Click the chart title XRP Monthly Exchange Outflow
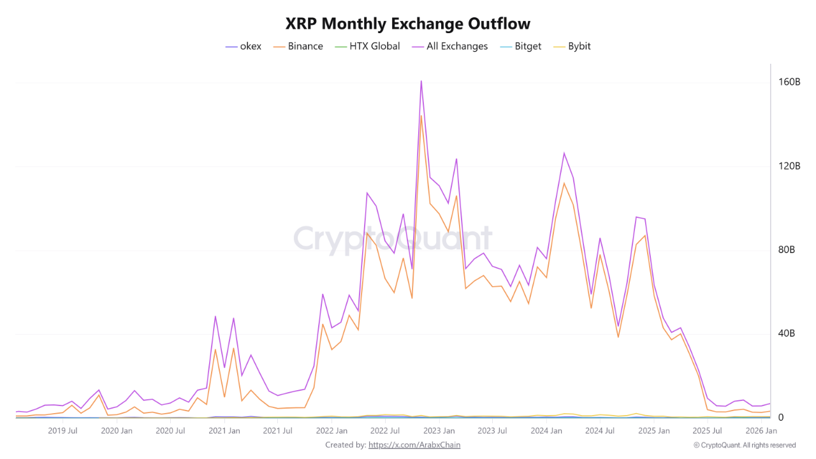408,24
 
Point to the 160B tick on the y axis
789,82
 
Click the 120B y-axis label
789,166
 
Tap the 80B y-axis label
787,250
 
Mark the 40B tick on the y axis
787,333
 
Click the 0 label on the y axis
780,418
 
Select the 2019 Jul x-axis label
62,431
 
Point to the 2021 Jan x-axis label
224,431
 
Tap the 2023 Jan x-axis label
439,431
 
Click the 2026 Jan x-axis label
762,431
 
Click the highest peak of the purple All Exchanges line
421,81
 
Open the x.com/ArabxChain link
414,445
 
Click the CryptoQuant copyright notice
745,445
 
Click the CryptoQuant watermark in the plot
393,239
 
